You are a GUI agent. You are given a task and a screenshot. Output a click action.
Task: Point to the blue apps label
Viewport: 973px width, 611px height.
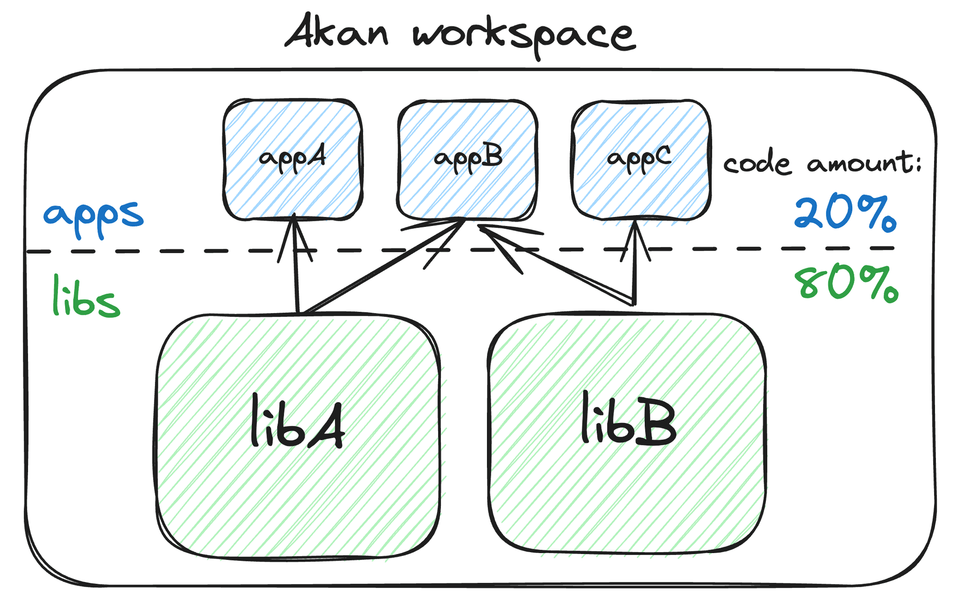coord(93,216)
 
